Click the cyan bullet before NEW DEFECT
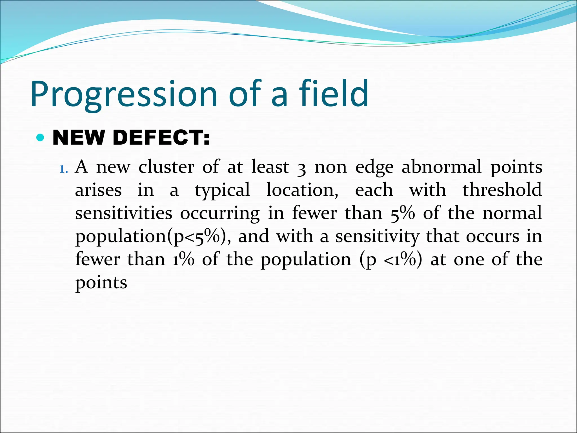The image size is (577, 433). click(41, 138)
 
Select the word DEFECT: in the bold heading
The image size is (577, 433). click(161, 138)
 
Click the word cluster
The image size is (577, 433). click(166, 167)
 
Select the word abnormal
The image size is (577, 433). click(441, 167)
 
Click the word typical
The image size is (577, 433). click(222, 191)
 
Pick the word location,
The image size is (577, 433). click(302, 190)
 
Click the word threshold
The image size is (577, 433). click(502, 190)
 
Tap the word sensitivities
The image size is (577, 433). click(124, 213)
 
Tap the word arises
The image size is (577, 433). click(98, 190)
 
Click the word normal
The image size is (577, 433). click(512, 213)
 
